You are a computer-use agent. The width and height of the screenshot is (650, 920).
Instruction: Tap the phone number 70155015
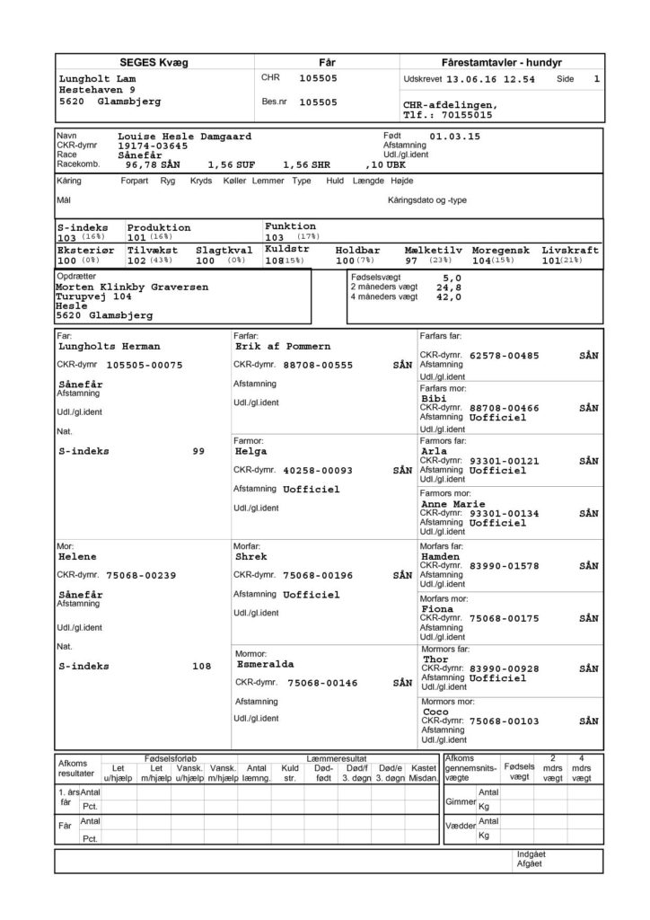463,115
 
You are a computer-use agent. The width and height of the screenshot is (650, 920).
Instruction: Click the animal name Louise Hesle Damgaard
184,136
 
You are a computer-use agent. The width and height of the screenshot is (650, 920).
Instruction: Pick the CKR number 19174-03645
153,145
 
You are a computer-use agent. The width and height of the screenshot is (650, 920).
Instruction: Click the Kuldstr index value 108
275,260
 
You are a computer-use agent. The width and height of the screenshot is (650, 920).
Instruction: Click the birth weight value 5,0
452,279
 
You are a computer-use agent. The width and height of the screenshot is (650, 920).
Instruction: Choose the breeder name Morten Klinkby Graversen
132,287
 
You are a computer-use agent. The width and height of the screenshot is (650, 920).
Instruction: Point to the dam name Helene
76,557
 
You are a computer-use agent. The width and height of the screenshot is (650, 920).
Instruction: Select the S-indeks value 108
201,667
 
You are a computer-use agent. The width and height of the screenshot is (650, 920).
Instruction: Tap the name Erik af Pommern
283,345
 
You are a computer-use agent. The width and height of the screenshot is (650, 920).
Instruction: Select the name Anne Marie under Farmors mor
454,504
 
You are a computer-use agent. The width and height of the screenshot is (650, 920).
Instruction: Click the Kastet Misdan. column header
423,771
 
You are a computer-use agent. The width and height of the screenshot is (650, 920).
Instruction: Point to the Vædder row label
460,825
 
